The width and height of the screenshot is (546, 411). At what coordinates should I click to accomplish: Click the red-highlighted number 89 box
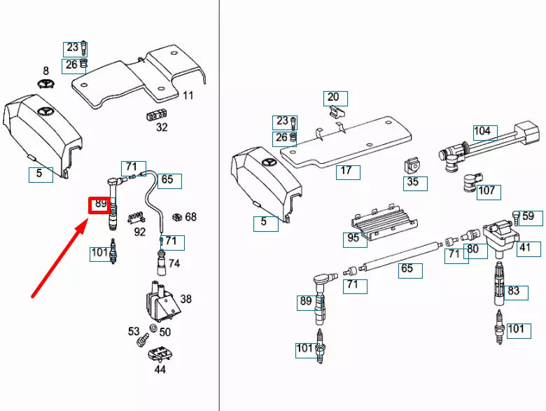[x=99, y=205]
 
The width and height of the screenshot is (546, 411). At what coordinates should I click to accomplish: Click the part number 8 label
[x=46, y=71]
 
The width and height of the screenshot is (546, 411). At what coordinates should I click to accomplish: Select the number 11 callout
[x=188, y=95]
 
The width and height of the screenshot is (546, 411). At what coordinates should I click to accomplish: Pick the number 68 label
[x=190, y=217]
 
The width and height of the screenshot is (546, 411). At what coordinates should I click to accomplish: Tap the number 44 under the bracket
[x=160, y=369]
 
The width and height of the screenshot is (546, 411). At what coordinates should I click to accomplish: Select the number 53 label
[x=134, y=331]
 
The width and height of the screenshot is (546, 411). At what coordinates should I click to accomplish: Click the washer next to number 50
[x=153, y=330]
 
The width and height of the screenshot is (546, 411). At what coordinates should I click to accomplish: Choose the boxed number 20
[x=333, y=97]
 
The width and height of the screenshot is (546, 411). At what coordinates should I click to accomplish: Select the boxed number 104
[x=483, y=132]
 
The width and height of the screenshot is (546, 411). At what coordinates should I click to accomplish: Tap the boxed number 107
[x=486, y=190]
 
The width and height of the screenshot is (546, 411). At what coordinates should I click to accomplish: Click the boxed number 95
[x=353, y=238]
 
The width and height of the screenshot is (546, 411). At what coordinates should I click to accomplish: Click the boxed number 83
[x=514, y=291]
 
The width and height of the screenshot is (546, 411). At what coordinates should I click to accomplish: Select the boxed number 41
[x=524, y=247]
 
